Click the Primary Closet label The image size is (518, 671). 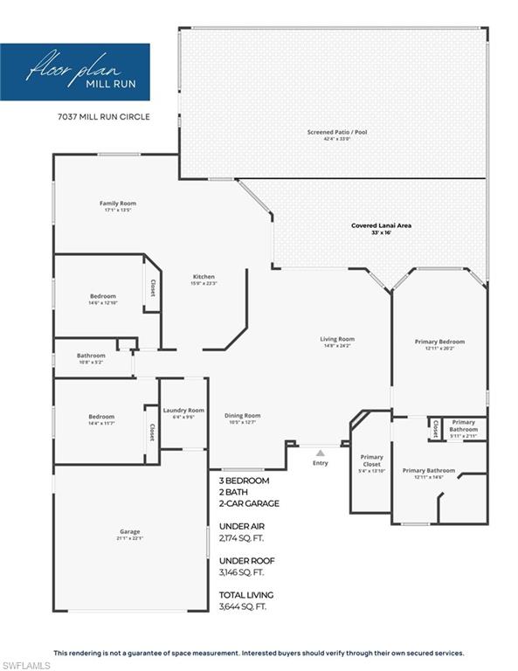pos(372,460)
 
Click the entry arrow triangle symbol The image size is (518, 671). pos(320,453)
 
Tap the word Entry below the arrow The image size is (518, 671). pos(320,463)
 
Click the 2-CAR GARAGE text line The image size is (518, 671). pos(250,505)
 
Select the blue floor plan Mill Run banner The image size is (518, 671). pos(75,72)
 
